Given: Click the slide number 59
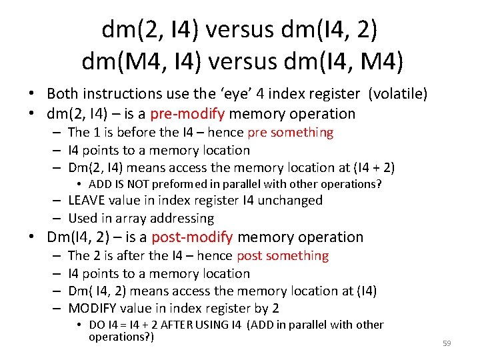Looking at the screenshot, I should [447, 343].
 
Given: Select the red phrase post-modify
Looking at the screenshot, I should [192, 237].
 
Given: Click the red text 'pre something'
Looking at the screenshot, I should [290, 133].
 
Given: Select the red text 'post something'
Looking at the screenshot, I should [283, 256].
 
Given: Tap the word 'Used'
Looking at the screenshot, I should [83, 219].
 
